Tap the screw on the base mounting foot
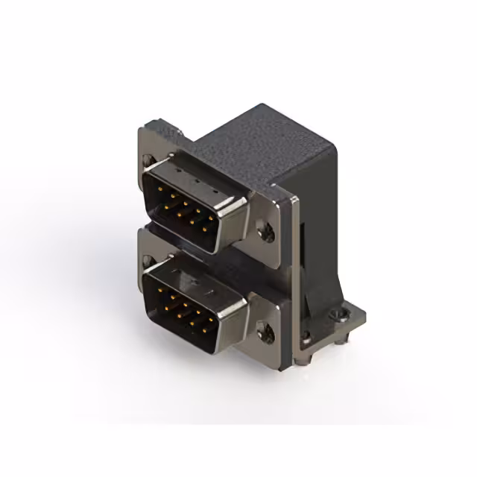pyautogui.click(x=344, y=317)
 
